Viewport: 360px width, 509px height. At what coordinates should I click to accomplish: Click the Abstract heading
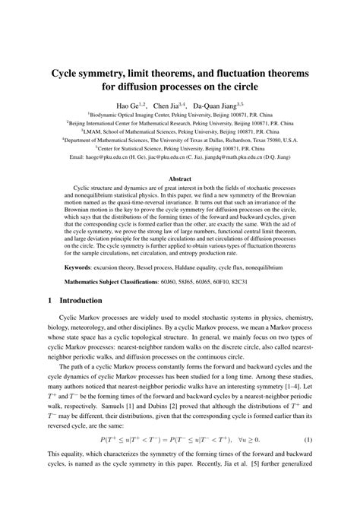[x=180, y=179]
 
